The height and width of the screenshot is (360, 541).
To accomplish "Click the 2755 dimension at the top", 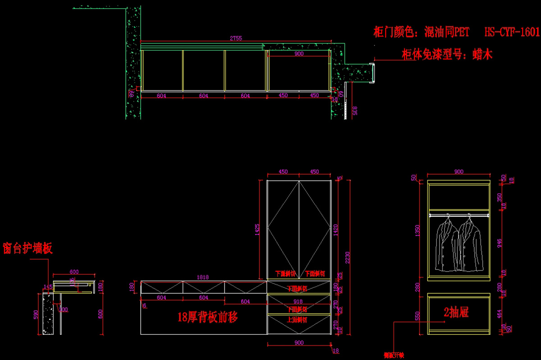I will tap(236, 39).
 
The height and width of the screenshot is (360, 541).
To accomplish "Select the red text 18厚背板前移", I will tap(207, 317).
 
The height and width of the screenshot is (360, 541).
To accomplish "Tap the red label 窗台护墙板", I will tap(28, 248).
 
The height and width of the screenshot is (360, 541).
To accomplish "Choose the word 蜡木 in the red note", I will tap(482, 55).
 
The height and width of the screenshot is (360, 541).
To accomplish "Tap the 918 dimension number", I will tap(298, 301).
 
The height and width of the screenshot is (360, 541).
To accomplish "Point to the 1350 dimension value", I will tap(417, 230).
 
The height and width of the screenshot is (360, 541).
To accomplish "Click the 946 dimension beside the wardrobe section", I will tap(499, 244).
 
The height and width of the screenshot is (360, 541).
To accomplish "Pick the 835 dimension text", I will tap(355, 111).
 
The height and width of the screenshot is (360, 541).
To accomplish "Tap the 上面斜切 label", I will tap(298, 319).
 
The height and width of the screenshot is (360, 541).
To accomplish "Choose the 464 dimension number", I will tap(499, 314).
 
